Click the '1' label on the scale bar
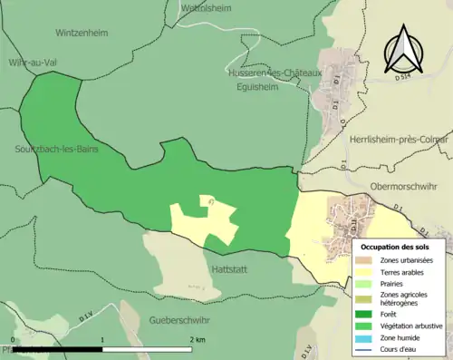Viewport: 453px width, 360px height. pyautogui.click(x=102, y=339)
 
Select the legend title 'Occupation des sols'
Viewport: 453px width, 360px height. pyautogui.click(x=400, y=247)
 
